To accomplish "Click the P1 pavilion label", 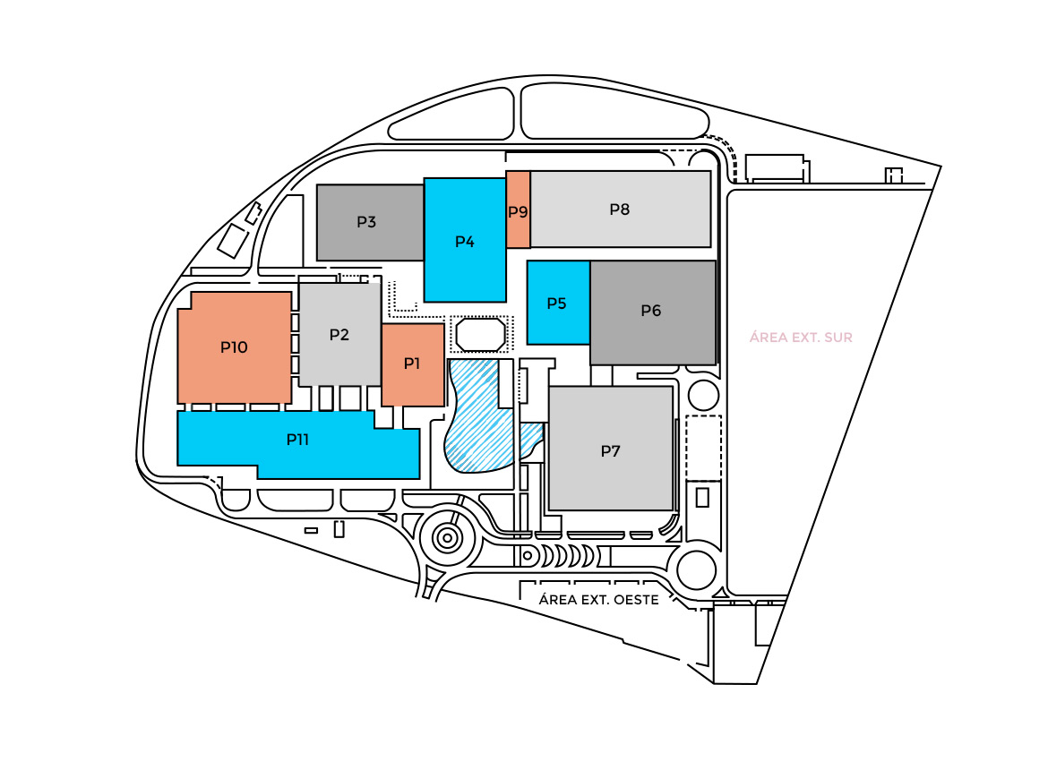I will (412, 364).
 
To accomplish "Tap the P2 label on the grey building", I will (339, 335).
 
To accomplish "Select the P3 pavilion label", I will (366, 222).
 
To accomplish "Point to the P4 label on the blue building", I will (464, 241).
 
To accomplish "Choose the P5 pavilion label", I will (556, 304).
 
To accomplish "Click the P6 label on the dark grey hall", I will (651, 311).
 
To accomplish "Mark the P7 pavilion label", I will (610, 450).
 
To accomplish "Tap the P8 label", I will (620, 210).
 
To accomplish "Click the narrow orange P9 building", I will (518, 211).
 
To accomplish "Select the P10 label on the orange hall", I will (234, 346).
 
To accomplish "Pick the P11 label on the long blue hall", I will (297, 440).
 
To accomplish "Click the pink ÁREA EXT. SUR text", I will (801, 338).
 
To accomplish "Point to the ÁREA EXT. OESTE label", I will (599, 600).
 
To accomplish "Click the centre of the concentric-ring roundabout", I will (446, 538).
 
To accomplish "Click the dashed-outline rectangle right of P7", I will (703, 448).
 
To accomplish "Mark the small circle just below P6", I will (702, 395).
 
